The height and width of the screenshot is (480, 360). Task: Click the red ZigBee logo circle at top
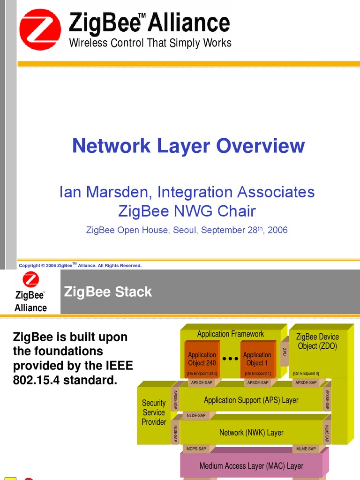point(40,29)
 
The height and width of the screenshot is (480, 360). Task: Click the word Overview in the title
point(261,146)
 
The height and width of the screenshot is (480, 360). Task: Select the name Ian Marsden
point(106,192)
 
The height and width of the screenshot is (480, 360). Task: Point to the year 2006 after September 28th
point(278,230)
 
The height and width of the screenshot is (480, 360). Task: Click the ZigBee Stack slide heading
point(108,292)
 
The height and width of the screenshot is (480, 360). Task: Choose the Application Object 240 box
point(202,359)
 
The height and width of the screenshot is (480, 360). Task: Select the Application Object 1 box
point(257,359)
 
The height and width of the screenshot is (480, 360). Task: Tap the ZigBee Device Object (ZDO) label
point(317,341)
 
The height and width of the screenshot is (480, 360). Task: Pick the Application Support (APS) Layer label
point(251,400)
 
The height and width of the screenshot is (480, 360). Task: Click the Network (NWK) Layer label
point(251,433)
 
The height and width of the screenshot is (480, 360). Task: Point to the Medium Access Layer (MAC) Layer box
point(251,466)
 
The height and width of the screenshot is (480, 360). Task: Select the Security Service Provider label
point(154,412)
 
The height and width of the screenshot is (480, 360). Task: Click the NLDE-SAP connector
point(196,415)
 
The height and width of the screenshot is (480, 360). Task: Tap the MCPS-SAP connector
point(196,449)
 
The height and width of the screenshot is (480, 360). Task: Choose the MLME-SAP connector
point(307,449)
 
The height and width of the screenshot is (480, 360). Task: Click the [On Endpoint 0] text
point(306,374)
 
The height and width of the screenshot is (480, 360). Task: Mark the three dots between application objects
point(230,359)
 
